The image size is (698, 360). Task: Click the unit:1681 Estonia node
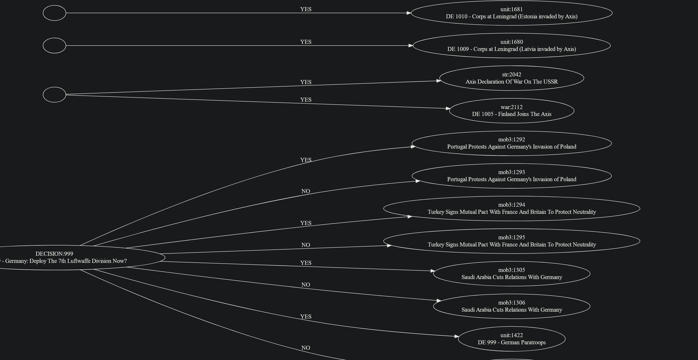(512, 13)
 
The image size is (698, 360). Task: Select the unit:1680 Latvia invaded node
(512, 45)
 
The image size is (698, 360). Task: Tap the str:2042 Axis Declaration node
(512, 78)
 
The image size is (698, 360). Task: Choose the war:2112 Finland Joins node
(512, 111)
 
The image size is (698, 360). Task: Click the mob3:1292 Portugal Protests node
(512, 143)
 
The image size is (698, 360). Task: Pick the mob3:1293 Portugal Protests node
(512, 176)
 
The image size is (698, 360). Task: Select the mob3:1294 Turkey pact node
(512, 209)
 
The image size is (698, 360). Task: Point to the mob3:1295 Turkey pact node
(512, 241)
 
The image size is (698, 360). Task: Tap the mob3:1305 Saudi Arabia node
(512, 274)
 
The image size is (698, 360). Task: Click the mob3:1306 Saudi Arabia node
(512, 306)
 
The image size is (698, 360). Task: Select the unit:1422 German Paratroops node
(512, 339)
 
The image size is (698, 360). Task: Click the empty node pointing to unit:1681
(55, 13)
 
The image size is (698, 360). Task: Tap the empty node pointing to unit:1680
(55, 45)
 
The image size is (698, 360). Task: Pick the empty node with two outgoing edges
(55, 95)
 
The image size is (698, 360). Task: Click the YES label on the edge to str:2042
(306, 82)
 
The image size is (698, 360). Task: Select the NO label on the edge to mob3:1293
(306, 191)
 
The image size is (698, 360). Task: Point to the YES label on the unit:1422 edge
(306, 317)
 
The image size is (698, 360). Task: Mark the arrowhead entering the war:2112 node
(448, 108)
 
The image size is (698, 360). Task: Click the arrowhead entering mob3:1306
(439, 301)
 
